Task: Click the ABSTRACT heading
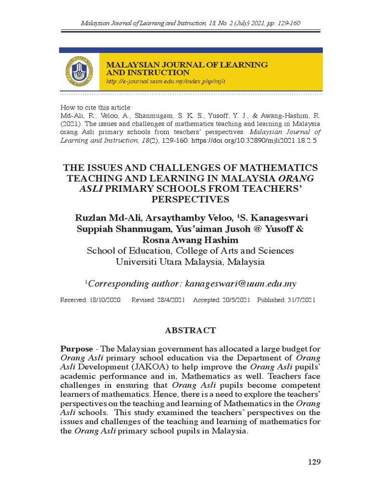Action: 190,331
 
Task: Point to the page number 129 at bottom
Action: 314,462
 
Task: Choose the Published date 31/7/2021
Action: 300,300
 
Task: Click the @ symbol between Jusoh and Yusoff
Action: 260,229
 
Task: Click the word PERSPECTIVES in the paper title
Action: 190,199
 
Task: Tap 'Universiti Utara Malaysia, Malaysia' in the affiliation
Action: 190,262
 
